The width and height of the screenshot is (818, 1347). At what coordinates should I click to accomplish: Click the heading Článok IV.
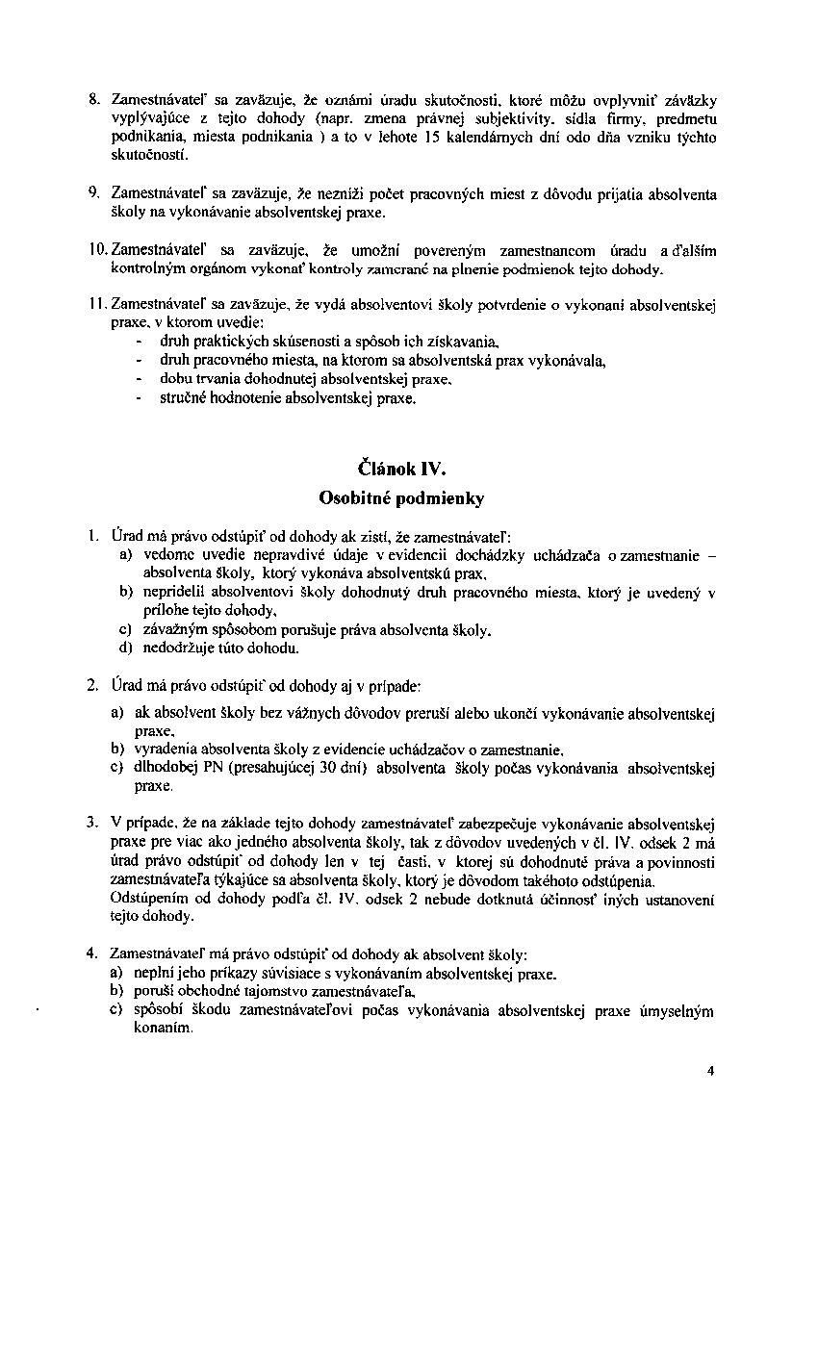point(401,470)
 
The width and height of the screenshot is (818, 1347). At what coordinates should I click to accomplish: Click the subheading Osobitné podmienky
point(401,498)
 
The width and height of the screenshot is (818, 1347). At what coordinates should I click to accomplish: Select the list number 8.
point(94,100)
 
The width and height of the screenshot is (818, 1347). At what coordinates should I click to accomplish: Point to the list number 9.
point(94,193)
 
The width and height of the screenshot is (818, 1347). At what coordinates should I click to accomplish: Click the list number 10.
point(98,250)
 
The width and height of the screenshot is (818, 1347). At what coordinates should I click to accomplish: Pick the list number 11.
point(98,306)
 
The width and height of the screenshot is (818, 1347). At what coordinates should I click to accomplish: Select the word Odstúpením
point(148,900)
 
